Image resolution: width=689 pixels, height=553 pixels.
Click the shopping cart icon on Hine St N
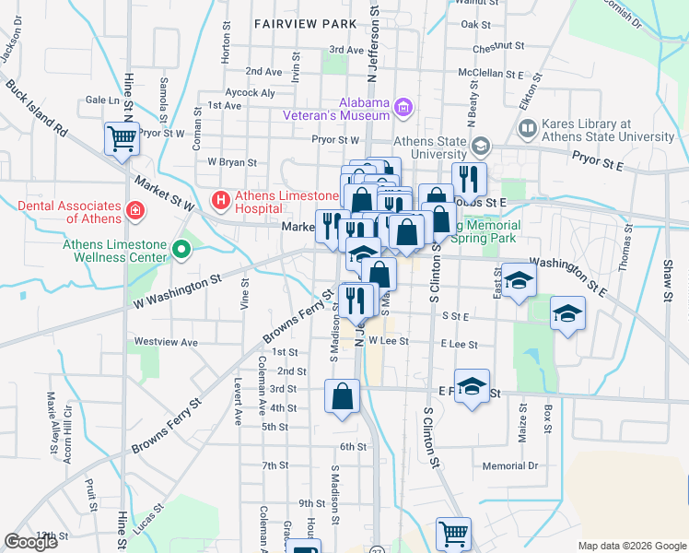tap(122, 139)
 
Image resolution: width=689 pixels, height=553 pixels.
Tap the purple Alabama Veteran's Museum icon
tap(402, 108)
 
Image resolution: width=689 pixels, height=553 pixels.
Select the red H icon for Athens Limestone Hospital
tap(221, 198)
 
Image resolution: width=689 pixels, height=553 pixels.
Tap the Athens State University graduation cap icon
tap(480, 147)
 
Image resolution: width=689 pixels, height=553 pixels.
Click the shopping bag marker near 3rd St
tap(342, 397)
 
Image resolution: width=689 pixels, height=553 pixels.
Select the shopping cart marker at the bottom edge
tap(452, 533)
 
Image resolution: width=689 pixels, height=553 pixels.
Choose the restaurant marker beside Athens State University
tap(470, 178)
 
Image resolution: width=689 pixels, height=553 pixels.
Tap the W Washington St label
tap(178, 290)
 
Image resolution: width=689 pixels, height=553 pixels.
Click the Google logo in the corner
tap(31, 542)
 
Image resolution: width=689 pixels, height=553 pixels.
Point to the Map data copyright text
tap(631, 546)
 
